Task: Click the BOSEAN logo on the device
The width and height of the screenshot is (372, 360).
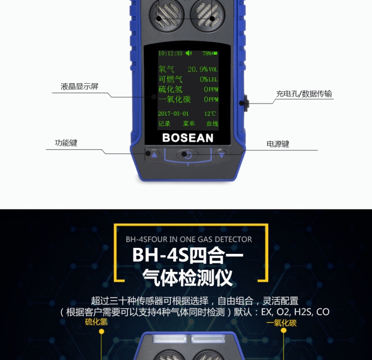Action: (x=187, y=138)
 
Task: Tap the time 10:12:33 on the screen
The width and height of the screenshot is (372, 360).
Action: (x=170, y=53)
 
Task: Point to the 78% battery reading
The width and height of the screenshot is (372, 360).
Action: (x=207, y=53)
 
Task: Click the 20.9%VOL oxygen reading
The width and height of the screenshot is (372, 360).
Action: (x=203, y=69)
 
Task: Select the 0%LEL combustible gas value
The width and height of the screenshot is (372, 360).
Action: (x=209, y=79)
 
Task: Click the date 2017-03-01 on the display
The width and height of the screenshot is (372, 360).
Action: (x=173, y=113)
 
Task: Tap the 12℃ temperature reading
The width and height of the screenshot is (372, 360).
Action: (x=210, y=113)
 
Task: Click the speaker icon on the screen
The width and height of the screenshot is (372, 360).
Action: (x=188, y=53)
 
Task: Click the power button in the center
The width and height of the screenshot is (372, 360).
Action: (x=187, y=155)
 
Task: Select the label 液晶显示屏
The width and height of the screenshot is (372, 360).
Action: (x=79, y=86)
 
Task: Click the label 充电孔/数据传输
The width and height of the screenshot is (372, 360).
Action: (x=304, y=94)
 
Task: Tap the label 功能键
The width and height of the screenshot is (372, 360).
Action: (x=66, y=143)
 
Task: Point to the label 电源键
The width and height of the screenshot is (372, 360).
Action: (x=278, y=144)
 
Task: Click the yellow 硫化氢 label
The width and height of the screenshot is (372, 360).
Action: (x=96, y=322)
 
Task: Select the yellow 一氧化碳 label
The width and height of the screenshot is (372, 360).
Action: (x=281, y=323)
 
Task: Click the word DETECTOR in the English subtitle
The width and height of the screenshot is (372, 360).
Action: (x=233, y=240)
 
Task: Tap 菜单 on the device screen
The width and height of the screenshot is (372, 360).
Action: (x=189, y=124)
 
